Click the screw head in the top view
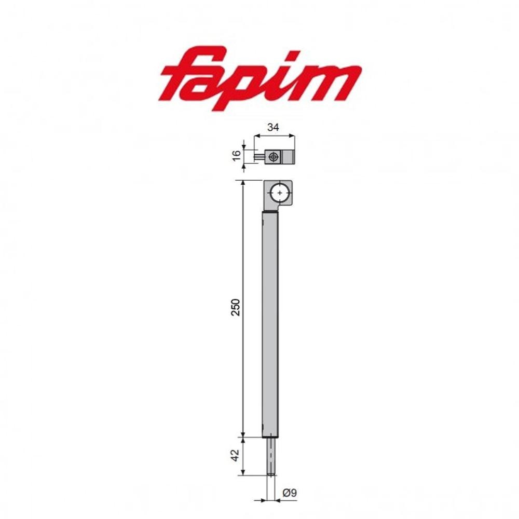pos(274,156)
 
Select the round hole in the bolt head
pos(280,193)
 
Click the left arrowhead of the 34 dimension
pos(256,136)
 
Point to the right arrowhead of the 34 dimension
pos(292,136)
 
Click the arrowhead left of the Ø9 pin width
pos(264,501)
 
